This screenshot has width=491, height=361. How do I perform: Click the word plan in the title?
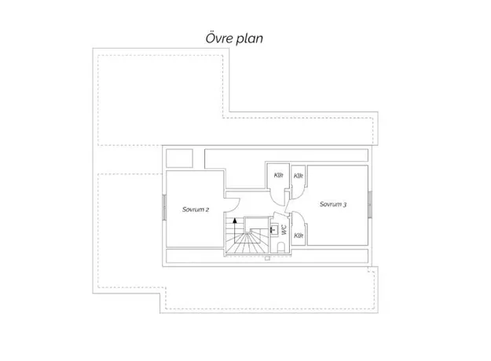250,39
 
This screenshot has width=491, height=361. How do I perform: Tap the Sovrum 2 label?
196,210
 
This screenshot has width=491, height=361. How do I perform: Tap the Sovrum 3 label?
333,204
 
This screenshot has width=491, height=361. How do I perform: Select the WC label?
284,230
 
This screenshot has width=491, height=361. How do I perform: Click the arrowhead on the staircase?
235,220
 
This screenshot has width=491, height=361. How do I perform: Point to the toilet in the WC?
281,247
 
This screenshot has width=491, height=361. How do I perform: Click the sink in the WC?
274,229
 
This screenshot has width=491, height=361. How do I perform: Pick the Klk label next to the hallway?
278,175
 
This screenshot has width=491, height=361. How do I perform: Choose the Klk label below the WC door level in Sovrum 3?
298,235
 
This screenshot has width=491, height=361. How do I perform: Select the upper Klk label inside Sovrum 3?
298,176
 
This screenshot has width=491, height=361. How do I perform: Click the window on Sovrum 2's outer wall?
164,207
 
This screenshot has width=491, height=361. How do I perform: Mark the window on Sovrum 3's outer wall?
370,205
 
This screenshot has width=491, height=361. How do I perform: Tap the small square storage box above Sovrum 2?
179,159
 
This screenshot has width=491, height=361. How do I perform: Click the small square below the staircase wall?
267,258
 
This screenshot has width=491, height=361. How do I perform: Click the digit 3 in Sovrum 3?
344,205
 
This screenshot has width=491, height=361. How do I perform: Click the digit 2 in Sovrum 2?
207,210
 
